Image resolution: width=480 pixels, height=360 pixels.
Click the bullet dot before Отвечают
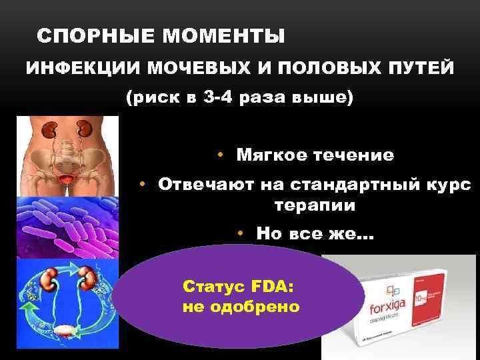point(142,185)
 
